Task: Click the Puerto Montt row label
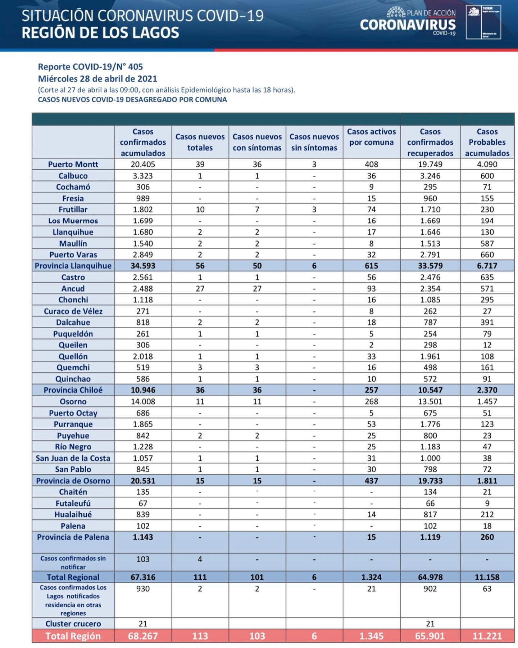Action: (x=73, y=165)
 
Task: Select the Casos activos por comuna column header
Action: (x=371, y=137)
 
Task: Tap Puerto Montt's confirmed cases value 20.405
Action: (x=143, y=165)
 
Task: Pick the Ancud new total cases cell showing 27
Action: (x=200, y=289)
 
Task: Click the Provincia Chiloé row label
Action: (x=73, y=390)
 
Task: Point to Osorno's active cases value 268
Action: (x=371, y=401)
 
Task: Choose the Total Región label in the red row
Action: (x=73, y=636)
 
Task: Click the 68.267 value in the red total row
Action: (x=143, y=636)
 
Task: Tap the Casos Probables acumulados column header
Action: (x=487, y=142)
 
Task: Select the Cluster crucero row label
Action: (x=73, y=624)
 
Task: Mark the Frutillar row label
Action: (x=73, y=210)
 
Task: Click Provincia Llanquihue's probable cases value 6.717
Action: (x=487, y=266)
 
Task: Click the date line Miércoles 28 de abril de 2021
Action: (x=97, y=79)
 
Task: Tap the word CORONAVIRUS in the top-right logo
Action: (x=408, y=24)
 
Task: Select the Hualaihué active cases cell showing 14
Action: (x=371, y=514)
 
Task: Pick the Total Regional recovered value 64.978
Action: (x=430, y=577)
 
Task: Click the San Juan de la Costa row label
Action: (x=73, y=458)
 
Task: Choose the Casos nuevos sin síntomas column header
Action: (x=314, y=142)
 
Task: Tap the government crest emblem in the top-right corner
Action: (x=474, y=12)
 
